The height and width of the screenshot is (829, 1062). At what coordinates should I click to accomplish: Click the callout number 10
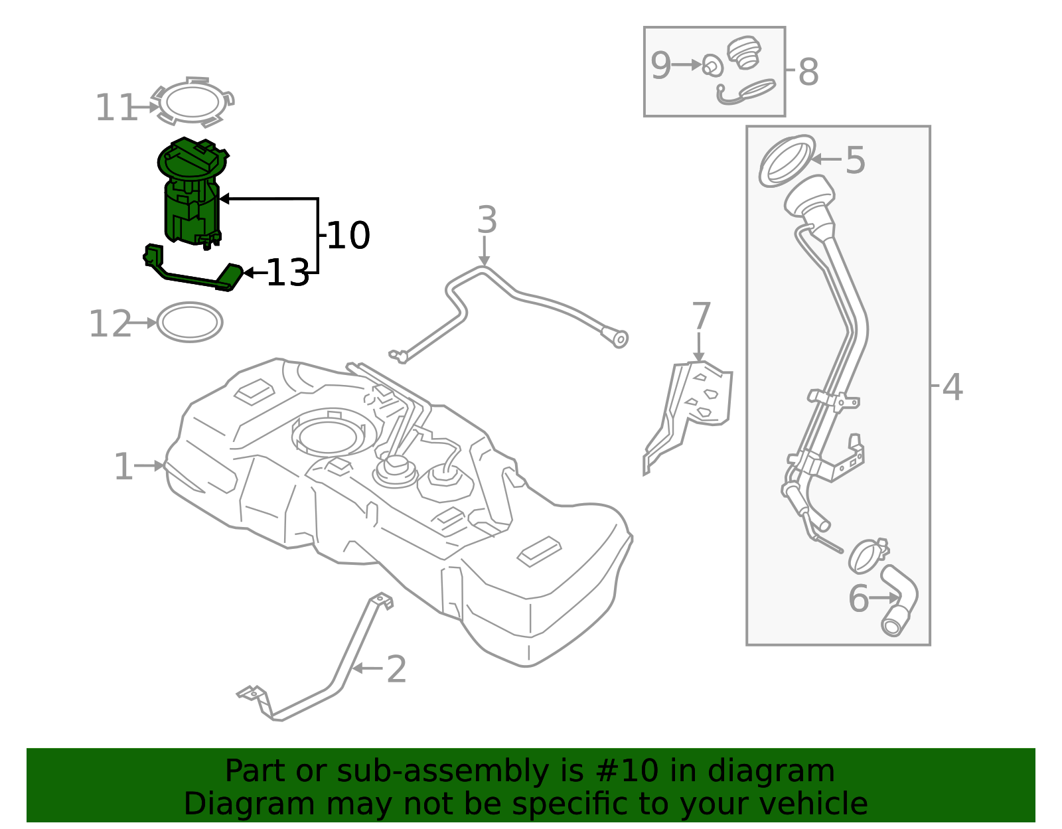pos(348,236)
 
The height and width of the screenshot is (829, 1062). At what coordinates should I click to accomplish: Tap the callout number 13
pos(287,273)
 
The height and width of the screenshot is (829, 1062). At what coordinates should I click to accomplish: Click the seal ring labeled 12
pos(190,323)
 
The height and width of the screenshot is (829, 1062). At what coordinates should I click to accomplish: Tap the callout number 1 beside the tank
pos(123,467)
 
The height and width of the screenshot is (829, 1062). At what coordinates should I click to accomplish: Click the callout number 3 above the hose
pos(487,220)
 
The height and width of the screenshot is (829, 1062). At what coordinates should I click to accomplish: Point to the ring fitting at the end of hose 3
pos(619,339)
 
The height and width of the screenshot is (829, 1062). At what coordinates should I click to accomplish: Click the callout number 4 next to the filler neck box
pos(952,386)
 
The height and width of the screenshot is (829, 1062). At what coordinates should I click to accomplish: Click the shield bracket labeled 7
pos(697,412)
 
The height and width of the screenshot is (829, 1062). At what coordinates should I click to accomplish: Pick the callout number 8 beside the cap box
pos(808,72)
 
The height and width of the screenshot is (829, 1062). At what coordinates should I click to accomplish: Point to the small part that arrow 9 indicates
pos(712,66)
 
